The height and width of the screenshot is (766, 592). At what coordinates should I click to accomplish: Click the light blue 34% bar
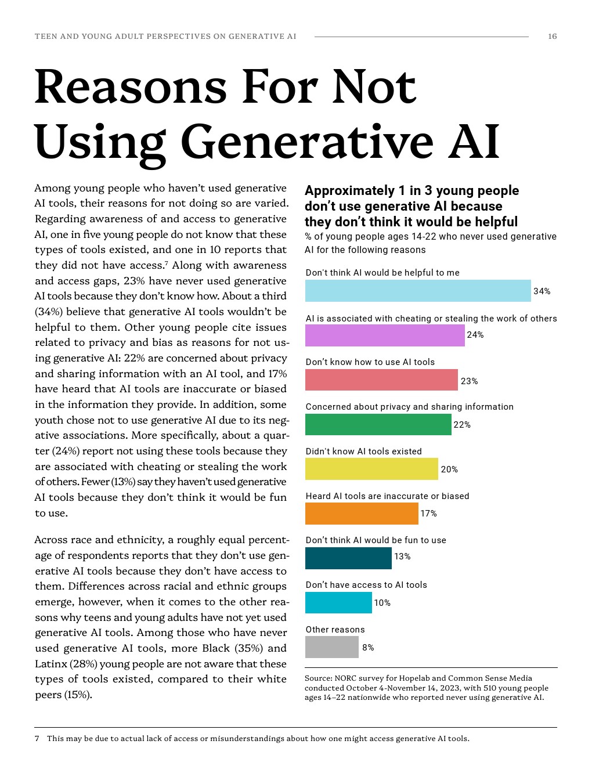click(418, 291)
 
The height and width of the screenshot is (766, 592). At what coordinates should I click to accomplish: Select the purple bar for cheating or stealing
click(385, 335)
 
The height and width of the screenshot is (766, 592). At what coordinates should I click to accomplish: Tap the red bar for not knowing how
click(381, 380)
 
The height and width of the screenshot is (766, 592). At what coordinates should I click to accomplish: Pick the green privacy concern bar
click(378, 424)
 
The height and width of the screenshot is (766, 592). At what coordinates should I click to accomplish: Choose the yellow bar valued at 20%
click(371, 469)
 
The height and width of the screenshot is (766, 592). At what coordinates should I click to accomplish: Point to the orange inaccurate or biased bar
click(362, 514)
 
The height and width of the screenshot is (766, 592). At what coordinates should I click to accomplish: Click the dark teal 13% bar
click(348, 558)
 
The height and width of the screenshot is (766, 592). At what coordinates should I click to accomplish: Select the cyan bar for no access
click(338, 602)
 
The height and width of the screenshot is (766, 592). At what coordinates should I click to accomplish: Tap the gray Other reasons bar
click(332, 647)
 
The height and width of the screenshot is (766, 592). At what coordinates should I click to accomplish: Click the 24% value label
click(475, 335)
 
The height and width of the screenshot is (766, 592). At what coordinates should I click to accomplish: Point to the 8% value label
click(368, 648)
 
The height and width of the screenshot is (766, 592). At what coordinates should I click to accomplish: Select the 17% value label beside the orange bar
click(428, 514)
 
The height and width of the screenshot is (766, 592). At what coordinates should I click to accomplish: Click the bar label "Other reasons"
click(335, 630)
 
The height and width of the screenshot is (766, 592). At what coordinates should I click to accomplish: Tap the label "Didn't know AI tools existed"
click(363, 451)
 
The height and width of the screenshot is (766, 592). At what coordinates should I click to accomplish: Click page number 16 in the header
click(552, 37)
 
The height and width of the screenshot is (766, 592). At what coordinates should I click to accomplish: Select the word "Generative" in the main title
click(308, 141)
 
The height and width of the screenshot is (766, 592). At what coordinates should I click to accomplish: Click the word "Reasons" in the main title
click(131, 86)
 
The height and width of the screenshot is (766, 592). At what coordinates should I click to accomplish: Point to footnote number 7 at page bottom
click(37, 739)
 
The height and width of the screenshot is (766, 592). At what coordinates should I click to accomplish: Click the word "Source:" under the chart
click(318, 678)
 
